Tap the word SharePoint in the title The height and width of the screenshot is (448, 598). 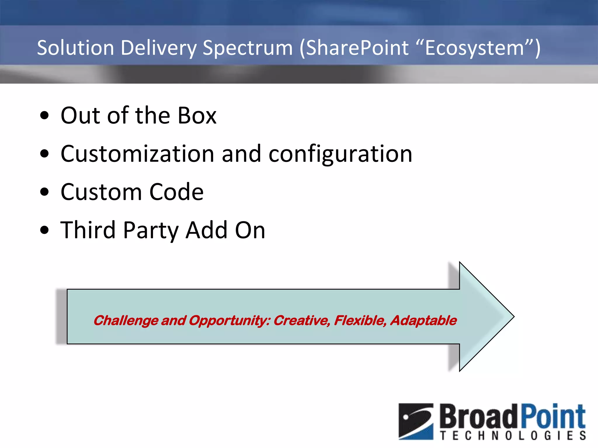tap(357, 48)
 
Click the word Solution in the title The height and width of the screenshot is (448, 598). tap(75, 48)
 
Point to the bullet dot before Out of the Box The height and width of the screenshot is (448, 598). tap(45, 116)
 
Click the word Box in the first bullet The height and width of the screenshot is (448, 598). tap(197, 116)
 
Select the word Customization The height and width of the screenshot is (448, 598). tap(138, 154)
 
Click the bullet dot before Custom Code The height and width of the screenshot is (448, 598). tap(45, 192)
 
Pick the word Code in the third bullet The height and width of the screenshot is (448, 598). tap(176, 192)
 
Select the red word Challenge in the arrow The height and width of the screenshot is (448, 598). tap(126, 321)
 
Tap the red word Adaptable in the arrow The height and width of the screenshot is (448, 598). tap(424, 321)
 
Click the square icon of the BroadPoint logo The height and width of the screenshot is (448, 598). tap(416, 421)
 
